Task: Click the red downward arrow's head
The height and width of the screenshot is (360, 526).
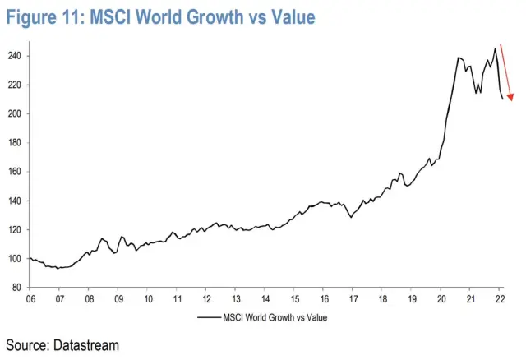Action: point(510,98)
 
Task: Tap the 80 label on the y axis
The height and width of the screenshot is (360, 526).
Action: point(18,288)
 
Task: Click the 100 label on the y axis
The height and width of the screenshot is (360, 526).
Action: point(16,259)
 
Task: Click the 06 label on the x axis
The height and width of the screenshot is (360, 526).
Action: point(30,298)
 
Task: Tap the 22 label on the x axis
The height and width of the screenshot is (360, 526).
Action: point(498,298)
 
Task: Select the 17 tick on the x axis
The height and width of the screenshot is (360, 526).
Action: point(352,288)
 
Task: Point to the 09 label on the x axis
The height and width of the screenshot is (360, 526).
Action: point(118,298)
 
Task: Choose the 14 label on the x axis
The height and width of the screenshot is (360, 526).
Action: point(265,298)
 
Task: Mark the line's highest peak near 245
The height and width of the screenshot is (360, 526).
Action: point(495,48)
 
